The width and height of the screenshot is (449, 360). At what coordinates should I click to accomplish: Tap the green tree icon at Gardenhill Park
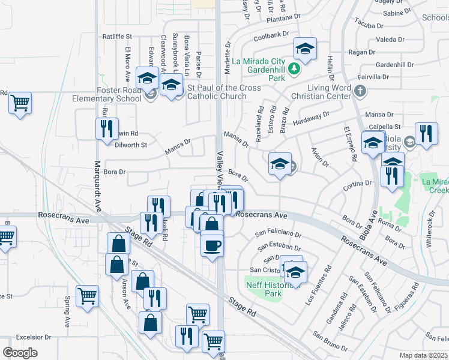pos(294,69)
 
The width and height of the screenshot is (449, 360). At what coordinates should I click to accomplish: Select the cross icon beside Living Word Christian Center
pos(360,91)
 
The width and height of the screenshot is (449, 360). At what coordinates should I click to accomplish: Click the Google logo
pos(20,352)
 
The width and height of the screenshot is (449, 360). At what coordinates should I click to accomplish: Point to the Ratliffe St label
pos(116,37)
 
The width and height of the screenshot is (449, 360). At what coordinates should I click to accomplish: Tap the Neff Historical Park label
pos(265,290)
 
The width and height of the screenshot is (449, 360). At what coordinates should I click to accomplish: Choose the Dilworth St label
pos(131,145)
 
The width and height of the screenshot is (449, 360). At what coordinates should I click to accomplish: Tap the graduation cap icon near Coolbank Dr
pos(305,50)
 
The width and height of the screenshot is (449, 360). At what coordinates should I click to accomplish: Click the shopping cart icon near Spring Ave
pos(88,296)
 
